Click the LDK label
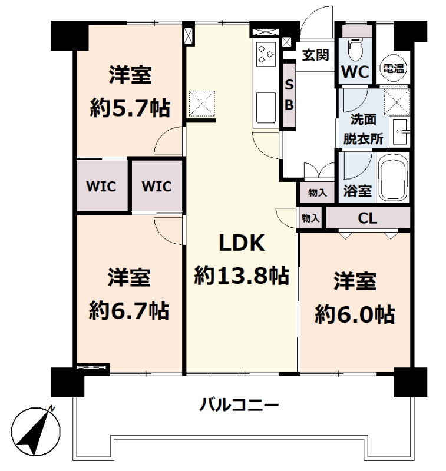pyautogui.click(x=242, y=243)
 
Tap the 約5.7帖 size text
pyautogui.click(x=130, y=108)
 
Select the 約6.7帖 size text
pyautogui.click(x=129, y=310)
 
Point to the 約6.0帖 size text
pyautogui.click(x=355, y=314)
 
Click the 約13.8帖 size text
pyautogui.click(x=242, y=276)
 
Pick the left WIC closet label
pyautogui.click(x=101, y=187)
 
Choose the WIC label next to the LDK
pyautogui.click(x=157, y=187)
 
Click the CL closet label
pyautogui.click(x=368, y=218)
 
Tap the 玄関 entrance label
pyautogui.click(x=316, y=55)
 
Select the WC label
pyautogui.click(x=355, y=72)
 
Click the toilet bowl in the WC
pyautogui.click(x=355, y=49)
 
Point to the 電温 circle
pyautogui.click(x=394, y=68)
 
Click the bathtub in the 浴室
pyautogui.click(x=393, y=178)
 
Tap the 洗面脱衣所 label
pyautogui.click(x=364, y=129)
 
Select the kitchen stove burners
pyautogui.click(x=266, y=54)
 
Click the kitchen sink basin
pyautogui.click(x=266, y=107)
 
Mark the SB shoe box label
pyautogui.click(x=289, y=95)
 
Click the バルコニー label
pyautogui.click(x=240, y=404)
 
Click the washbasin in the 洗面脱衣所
pyautogui.click(x=399, y=131)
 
